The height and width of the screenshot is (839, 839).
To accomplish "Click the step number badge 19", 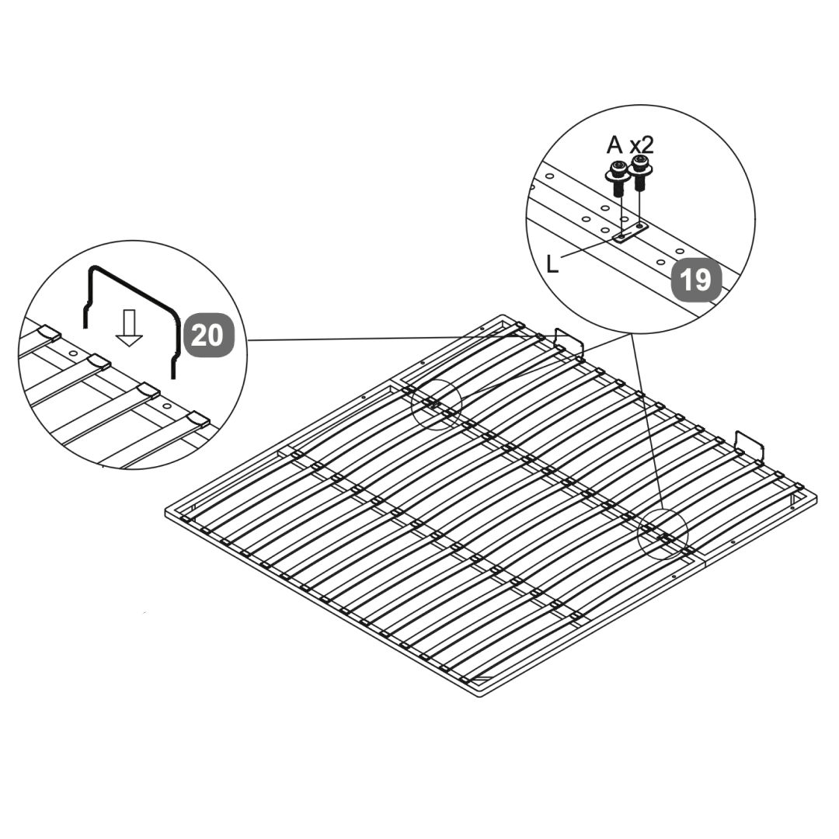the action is (696, 280).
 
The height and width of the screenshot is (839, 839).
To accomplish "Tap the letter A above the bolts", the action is (614, 144).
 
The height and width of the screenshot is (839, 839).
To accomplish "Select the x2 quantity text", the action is (642, 145).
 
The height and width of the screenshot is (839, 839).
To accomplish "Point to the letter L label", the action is (553, 264).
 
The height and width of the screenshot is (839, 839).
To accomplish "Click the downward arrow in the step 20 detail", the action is (129, 328).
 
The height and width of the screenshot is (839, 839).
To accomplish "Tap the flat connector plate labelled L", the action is (630, 233).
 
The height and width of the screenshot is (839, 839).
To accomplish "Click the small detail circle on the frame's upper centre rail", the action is (436, 405).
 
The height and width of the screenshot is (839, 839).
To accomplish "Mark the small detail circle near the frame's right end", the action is (663, 534).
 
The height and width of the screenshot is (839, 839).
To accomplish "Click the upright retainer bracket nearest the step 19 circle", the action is (569, 343).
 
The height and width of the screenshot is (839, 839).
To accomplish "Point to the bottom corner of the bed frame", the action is (478, 696).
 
